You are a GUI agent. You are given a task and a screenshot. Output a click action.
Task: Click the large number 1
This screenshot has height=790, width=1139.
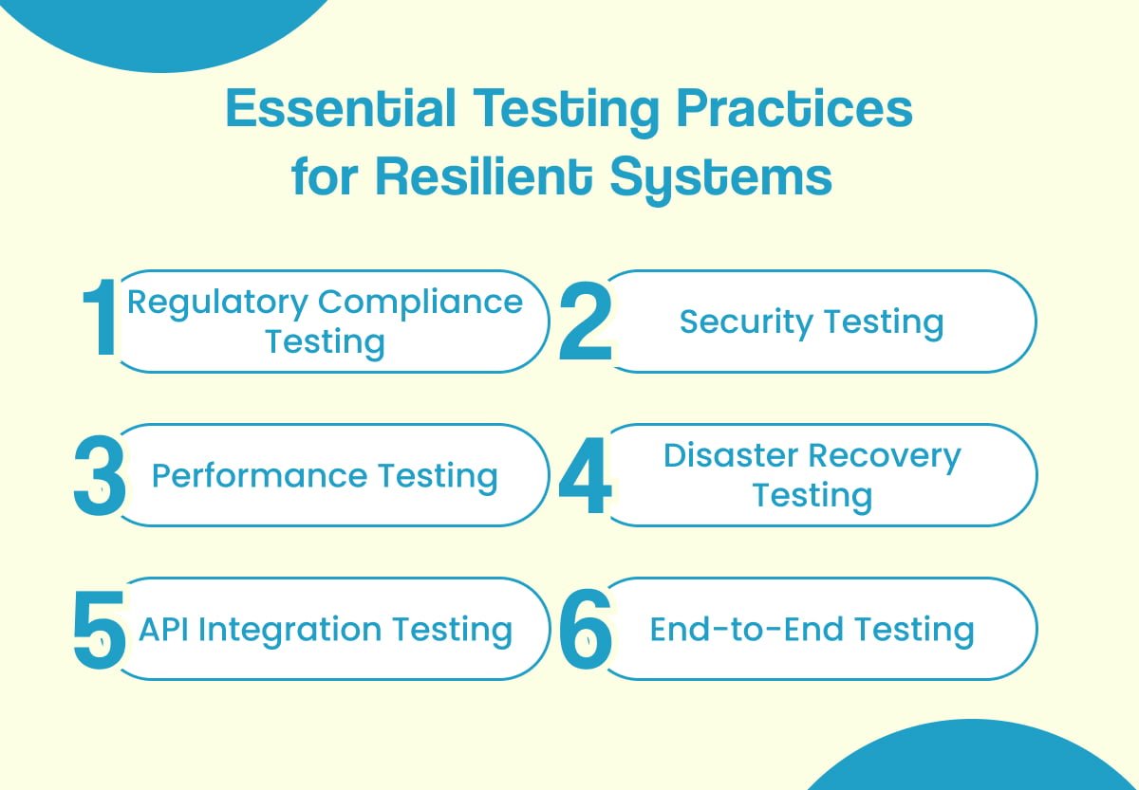click(x=100, y=321)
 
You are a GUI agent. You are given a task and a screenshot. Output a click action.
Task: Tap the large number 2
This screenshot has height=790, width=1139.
click(x=585, y=321)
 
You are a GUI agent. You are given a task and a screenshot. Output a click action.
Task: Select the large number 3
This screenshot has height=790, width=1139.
click(x=100, y=475)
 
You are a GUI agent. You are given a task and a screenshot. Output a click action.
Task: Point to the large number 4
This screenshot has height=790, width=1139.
click(x=585, y=475)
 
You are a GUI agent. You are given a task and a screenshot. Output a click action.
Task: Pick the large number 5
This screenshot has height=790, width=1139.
click(x=100, y=629)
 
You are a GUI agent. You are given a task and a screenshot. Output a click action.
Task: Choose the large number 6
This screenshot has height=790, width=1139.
click(x=585, y=629)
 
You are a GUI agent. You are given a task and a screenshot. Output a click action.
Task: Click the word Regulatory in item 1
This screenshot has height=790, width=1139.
click(x=217, y=303)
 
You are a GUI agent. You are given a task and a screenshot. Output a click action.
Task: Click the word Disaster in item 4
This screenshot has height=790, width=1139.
click(x=731, y=456)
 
